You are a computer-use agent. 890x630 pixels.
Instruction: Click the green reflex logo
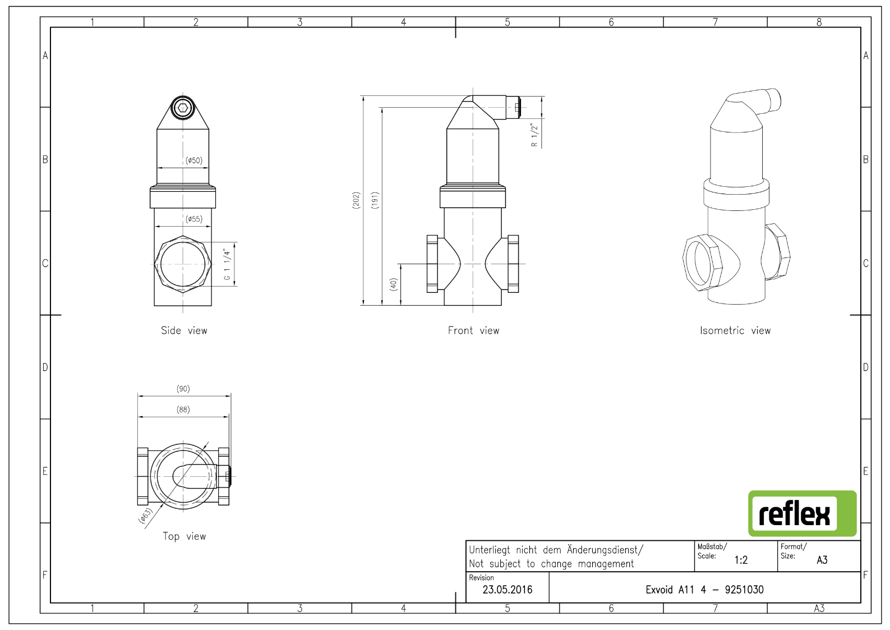802,513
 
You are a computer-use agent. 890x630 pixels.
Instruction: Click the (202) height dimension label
356,200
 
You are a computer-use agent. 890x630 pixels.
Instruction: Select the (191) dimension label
375,200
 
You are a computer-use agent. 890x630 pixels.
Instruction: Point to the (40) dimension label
393,284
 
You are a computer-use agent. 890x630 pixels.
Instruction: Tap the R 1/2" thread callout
534,135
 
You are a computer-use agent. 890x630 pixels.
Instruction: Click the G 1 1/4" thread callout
227,264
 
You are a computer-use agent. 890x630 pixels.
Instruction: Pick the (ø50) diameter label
194,160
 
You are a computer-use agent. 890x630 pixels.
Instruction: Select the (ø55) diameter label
194,219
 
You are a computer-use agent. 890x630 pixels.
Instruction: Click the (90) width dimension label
183,388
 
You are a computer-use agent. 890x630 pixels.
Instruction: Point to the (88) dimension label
183,409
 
